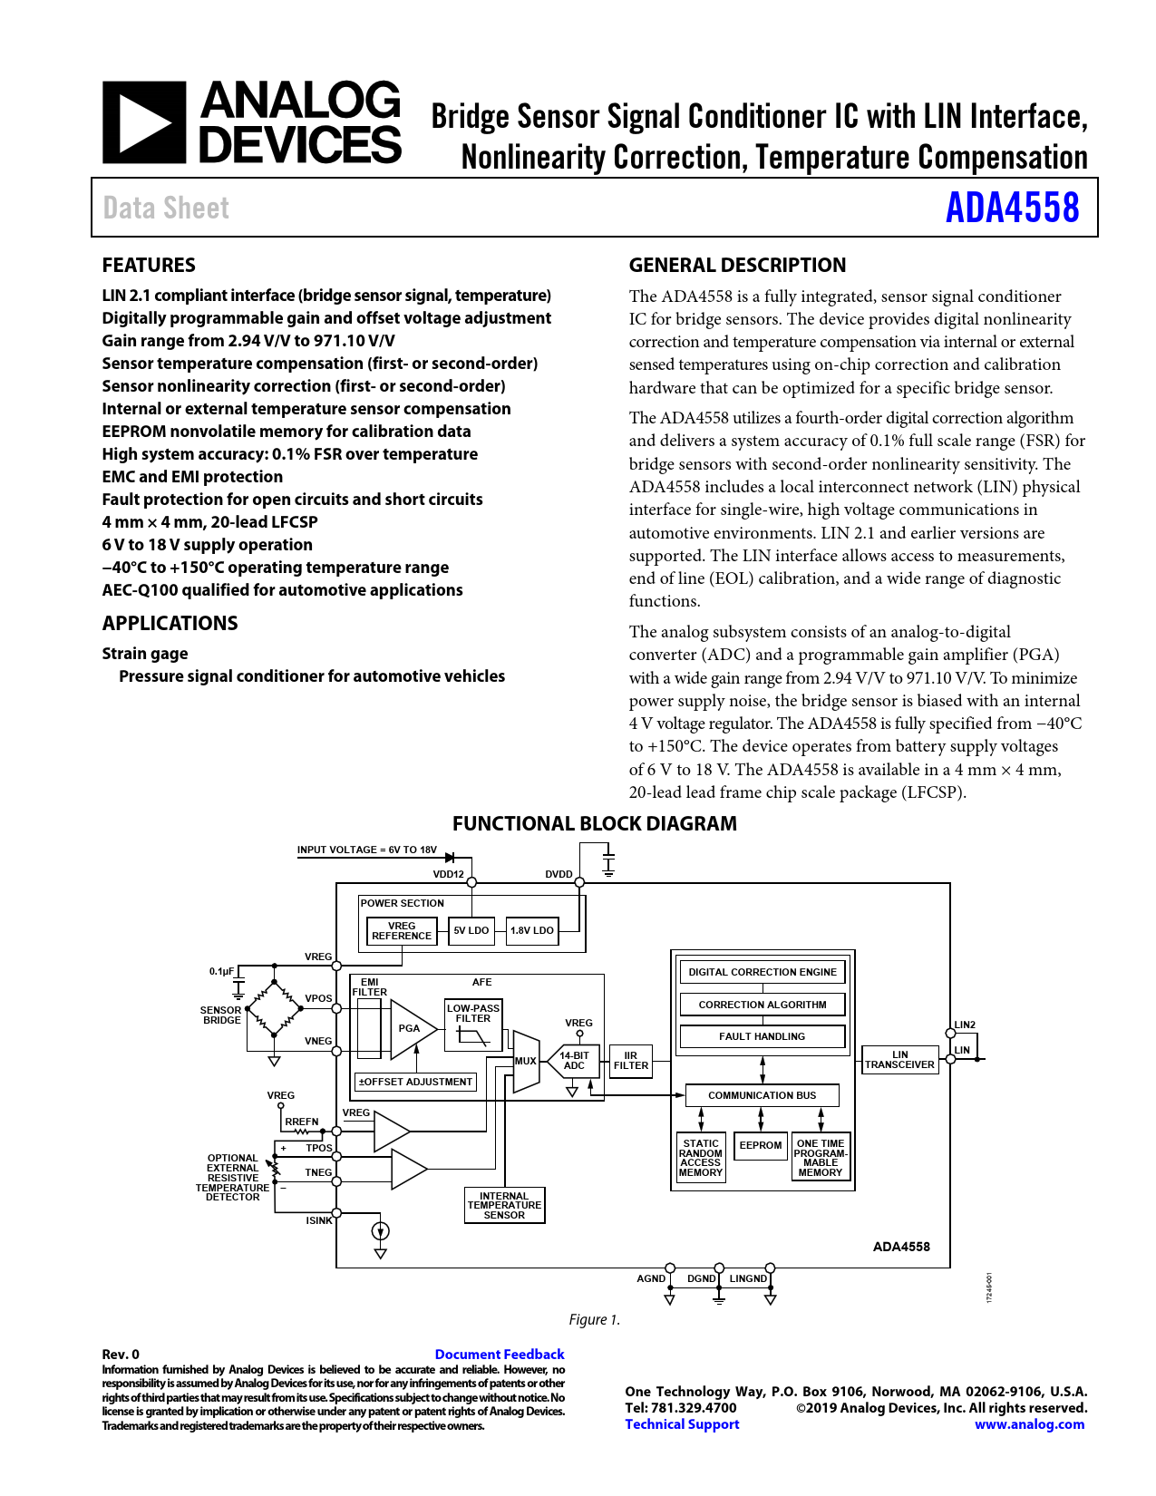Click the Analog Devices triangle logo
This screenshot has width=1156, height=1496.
click(x=144, y=122)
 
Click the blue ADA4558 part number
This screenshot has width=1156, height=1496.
click(x=1012, y=208)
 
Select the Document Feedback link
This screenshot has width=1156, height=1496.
click(x=499, y=1355)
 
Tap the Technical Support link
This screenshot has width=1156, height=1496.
click(x=682, y=1424)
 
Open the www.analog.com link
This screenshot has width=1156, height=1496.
click(x=1029, y=1424)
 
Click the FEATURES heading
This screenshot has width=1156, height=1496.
click(x=149, y=265)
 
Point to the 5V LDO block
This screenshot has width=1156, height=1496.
click(x=471, y=930)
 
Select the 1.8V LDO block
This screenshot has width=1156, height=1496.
click(x=531, y=930)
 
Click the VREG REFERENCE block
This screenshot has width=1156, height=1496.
click(x=402, y=931)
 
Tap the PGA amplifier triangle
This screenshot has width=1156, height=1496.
click(x=410, y=1029)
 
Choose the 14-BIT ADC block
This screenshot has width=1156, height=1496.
click(x=575, y=1061)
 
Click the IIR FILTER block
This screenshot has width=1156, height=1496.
click(x=631, y=1061)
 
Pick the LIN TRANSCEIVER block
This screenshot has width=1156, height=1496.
click(x=899, y=1060)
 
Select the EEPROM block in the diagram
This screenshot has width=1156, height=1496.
click(x=761, y=1146)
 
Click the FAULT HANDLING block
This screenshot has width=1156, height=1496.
click(x=762, y=1036)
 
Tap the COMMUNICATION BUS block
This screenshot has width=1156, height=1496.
click(x=762, y=1095)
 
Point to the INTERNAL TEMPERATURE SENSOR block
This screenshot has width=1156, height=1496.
click(x=504, y=1206)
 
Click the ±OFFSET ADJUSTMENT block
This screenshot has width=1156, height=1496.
click(x=415, y=1082)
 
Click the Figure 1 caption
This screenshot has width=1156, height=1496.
click(x=594, y=1320)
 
